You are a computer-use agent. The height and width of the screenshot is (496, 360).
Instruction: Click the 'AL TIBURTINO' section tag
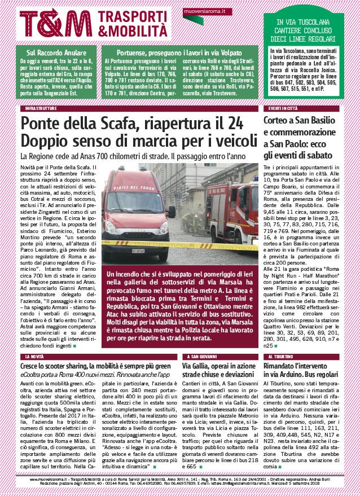pyautogui.click(x=282, y=357)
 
